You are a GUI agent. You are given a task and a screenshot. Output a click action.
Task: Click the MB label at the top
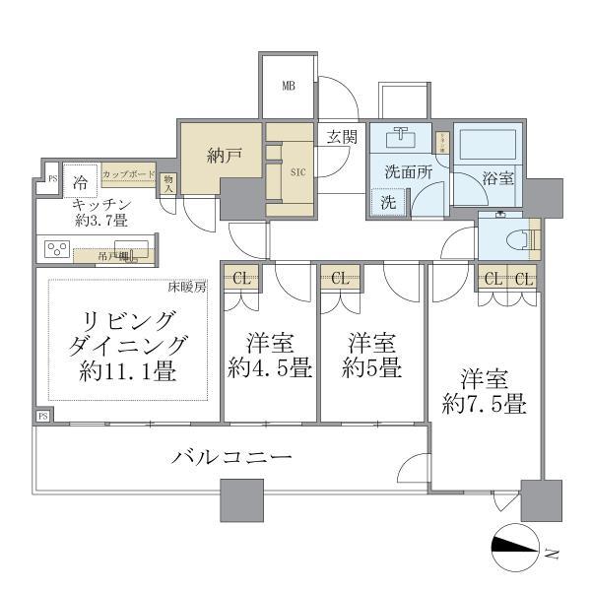click(289, 86)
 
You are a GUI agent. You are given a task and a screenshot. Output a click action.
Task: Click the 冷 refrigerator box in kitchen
click(80, 182)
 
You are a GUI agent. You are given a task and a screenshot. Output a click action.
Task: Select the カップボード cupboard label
click(128, 174)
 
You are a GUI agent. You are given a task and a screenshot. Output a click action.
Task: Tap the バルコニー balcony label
click(231, 458)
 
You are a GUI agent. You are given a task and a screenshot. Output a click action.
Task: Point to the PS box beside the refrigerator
click(51, 180)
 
